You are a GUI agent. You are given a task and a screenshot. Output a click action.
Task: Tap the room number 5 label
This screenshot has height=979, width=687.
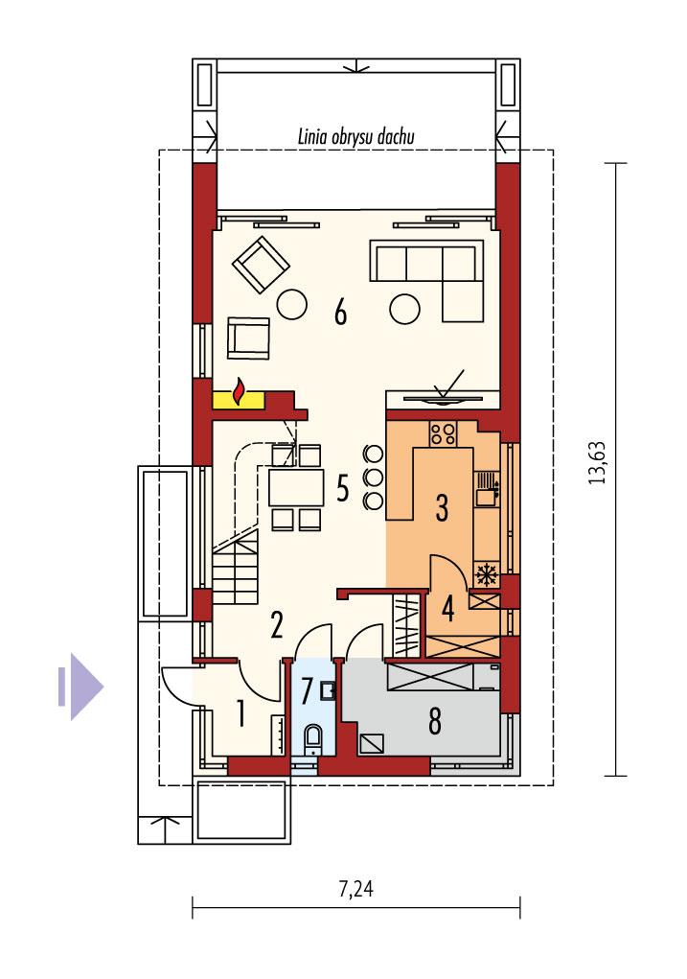[x=341, y=488]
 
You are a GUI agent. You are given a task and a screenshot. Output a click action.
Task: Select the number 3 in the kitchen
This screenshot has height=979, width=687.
[x=442, y=507]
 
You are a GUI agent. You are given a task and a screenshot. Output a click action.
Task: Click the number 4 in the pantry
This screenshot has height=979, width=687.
[x=447, y=607]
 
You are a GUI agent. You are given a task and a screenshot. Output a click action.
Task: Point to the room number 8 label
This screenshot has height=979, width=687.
[x=435, y=722]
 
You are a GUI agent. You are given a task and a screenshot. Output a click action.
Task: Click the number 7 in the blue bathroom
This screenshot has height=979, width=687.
[x=307, y=690]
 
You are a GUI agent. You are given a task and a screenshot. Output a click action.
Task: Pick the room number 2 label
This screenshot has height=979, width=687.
[x=276, y=626]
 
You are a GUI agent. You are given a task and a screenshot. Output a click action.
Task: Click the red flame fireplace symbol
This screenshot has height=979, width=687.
[x=240, y=392]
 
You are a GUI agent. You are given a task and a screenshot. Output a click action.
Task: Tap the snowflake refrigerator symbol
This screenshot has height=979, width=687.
[x=486, y=575]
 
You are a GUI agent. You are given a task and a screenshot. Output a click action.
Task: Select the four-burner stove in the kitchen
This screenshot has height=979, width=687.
[x=443, y=433]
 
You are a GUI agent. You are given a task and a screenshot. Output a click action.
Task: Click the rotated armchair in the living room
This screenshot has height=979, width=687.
[x=262, y=264]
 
